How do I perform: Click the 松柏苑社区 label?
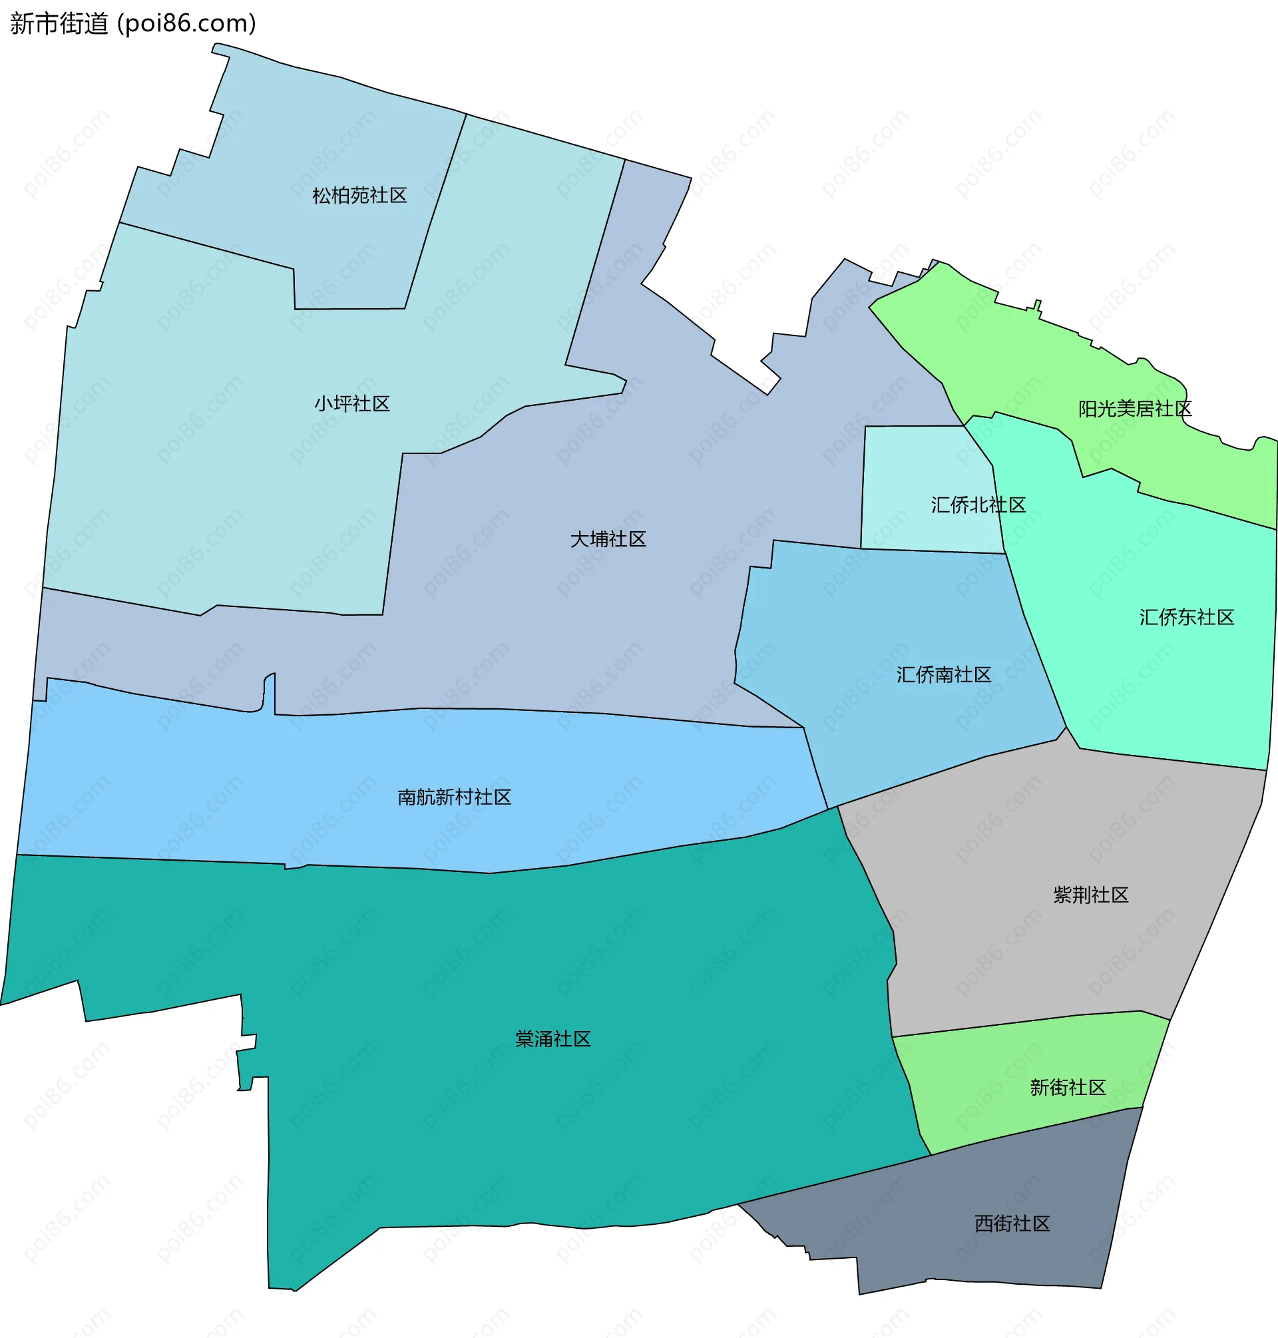point(359,196)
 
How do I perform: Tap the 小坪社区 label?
point(351,404)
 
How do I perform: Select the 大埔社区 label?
point(608,540)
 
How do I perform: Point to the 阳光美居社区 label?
point(1135,409)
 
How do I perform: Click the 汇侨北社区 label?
point(978,505)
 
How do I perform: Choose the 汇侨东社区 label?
point(1187,617)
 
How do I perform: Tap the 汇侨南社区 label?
point(943,674)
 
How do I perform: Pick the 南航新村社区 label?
point(455,797)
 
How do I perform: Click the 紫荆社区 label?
point(1091,895)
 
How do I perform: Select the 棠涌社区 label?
point(552,1039)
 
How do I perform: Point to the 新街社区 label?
point(1068,1087)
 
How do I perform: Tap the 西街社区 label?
point(1012,1224)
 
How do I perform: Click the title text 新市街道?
point(59,24)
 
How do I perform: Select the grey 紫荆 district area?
point(1022,954)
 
